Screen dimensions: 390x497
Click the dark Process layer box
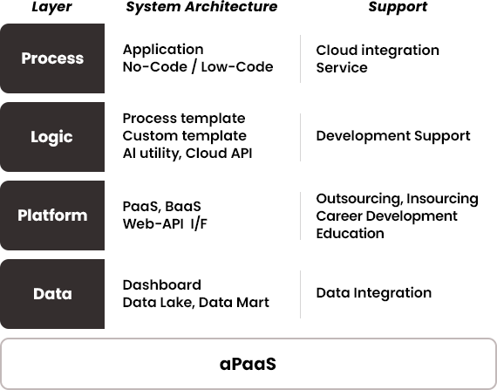pos(52,58)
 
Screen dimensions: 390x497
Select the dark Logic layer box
pos(52,137)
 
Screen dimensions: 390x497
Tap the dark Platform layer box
pos(52,216)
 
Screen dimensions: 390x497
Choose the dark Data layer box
pos(52,294)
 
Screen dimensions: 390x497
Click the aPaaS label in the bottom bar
pos(248,364)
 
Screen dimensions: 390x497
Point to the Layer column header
pos(51,7)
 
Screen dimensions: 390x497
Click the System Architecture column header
pos(201,7)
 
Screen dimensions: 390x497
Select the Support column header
pos(398,7)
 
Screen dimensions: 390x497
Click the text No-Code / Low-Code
pos(198,67)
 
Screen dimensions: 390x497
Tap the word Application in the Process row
pos(163,50)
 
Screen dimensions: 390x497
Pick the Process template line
pos(184,119)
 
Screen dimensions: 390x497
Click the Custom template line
pos(184,136)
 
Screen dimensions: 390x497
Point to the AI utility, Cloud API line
pos(187,154)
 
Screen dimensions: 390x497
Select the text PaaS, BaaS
pos(162,207)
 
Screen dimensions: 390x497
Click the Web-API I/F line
pos(165,224)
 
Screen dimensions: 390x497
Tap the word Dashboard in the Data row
pos(162,285)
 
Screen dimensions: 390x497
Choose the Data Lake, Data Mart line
pos(196,303)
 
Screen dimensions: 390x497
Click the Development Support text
pos(393,136)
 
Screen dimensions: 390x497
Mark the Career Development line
pos(386,216)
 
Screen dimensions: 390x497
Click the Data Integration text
pos(374,294)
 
